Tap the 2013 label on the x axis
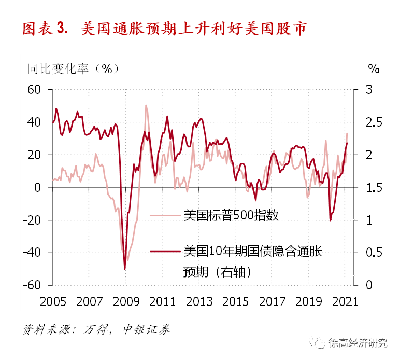click(199, 301)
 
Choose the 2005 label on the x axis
click(53, 301)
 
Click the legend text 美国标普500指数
click(231, 215)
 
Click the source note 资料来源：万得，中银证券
click(96, 329)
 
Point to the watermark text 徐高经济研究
click(358, 343)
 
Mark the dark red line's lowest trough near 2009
click(125, 269)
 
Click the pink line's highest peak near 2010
click(146, 105)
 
